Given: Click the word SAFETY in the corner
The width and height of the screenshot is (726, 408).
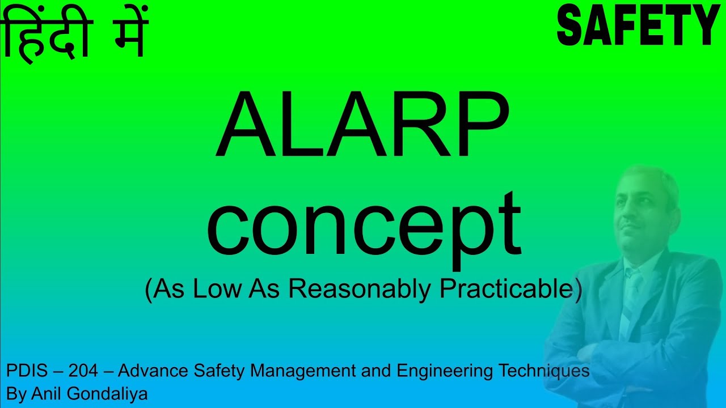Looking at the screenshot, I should coord(638,25).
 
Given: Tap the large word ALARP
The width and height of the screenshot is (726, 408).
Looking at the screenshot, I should coord(362,126).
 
